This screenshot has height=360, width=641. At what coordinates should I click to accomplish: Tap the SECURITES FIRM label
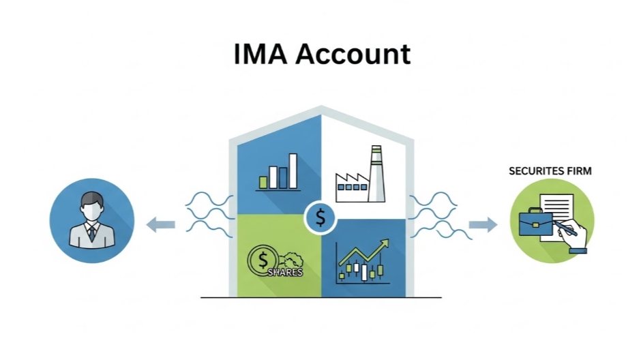tap(550, 170)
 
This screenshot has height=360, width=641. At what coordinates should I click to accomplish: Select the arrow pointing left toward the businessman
tap(161, 224)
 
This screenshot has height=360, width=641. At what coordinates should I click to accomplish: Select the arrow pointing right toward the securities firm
tap(483, 224)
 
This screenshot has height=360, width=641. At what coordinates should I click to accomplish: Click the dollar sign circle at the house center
tap(320, 218)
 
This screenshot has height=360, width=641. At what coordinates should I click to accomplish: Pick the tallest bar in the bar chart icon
tap(293, 170)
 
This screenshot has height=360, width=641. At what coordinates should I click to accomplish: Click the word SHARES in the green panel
tap(285, 271)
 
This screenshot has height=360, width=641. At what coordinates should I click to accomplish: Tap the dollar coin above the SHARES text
tap(261, 259)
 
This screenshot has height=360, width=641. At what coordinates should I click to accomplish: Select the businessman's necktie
tap(91, 233)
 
